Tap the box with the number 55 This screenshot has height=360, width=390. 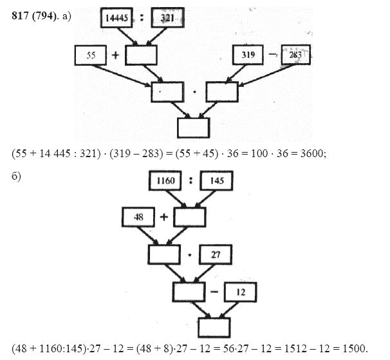tap(90, 56)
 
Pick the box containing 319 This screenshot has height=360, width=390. tap(248, 55)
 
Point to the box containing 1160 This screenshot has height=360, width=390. tap(166, 182)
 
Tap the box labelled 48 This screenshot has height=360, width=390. tap(137, 218)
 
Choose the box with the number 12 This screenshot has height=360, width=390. tap(239, 292)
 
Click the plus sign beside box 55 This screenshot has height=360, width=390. tap(116, 56)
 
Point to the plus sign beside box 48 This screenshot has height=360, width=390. tap(163, 218)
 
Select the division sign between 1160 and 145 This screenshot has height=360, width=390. tap(191, 182)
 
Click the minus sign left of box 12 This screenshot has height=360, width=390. tap(213, 292)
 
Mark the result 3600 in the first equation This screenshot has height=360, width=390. tap(302, 154)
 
